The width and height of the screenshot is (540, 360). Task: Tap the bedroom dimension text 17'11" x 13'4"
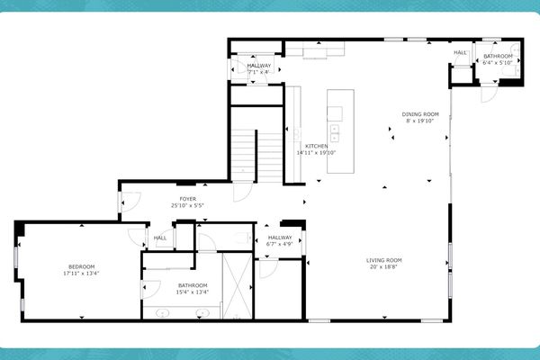[x=80, y=273]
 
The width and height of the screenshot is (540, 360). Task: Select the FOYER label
[x=187, y=198]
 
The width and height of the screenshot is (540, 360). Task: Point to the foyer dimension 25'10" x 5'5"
[x=187, y=205]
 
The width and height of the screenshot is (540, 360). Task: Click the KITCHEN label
[x=316, y=146]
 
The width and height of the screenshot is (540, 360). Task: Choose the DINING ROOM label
[x=419, y=113]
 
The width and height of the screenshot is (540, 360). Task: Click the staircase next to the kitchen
[x=257, y=148]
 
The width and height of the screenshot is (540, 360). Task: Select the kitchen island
[x=336, y=117]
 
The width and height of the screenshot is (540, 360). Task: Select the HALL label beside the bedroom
[x=159, y=238]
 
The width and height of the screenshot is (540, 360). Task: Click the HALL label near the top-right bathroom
[x=460, y=52]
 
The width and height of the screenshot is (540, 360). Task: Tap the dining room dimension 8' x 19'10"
[x=419, y=121]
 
